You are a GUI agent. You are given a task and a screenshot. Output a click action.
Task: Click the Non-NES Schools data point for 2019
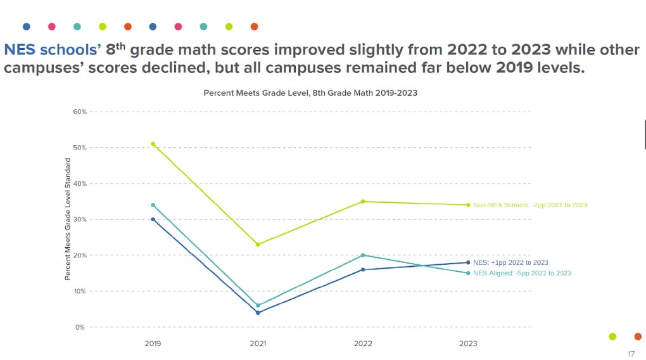tap(153, 144)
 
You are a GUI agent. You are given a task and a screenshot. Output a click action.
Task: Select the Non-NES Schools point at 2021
tap(258, 245)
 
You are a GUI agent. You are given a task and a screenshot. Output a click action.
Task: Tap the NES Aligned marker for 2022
tap(363, 255)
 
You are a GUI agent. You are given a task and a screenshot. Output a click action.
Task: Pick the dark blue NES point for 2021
tap(258, 312)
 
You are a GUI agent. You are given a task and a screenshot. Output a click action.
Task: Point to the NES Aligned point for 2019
tap(153, 205)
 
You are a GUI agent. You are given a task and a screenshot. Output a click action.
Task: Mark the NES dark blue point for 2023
tap(468, 262)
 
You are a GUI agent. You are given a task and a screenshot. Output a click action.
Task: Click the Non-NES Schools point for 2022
tap(363, 202)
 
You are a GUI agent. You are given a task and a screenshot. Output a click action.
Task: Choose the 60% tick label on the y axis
tap(79, 112)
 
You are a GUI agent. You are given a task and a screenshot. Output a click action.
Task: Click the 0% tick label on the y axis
tap(80, 328)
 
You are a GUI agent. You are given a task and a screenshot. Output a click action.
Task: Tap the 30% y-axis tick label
tap(79, 219)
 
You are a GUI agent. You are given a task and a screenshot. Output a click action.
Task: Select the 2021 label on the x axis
tap(258, 344)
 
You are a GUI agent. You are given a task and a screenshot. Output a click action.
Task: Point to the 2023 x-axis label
tap(468, 344)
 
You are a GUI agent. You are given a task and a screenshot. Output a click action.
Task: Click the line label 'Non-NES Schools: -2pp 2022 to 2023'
tap(530, 205)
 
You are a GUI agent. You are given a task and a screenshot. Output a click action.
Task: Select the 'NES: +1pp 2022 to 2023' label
tap(510, 262)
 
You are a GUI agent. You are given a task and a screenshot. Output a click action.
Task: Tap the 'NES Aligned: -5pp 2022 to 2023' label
tap(522, 273)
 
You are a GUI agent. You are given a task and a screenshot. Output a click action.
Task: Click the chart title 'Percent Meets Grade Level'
tap(310, 93)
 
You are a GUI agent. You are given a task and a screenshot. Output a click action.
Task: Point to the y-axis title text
tap(67, 219)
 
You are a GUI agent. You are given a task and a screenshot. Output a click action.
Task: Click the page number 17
tap(631, 354)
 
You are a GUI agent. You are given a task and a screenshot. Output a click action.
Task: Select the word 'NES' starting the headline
tap(20, 49)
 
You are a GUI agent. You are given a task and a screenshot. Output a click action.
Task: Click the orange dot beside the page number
tap(638, 337)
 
